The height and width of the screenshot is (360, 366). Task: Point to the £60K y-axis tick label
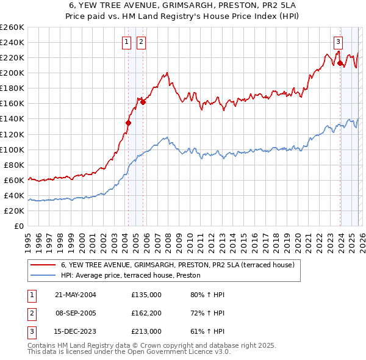tap(13, 180)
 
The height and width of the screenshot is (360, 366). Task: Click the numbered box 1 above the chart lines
tap(126, 42)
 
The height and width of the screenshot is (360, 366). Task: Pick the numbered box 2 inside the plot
tap(141, 42)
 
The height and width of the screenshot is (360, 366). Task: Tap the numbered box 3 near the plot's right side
tap(337, 42)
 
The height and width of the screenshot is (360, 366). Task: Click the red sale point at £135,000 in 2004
tap(129, 123)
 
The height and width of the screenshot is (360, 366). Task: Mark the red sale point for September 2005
tap(143, 102)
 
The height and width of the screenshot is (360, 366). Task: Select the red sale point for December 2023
tap(340, 63)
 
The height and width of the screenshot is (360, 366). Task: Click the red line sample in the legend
tap(43, 265)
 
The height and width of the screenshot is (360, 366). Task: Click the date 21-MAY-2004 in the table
tap(76, 295)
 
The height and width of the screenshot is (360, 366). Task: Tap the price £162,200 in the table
tap(146, 313)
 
